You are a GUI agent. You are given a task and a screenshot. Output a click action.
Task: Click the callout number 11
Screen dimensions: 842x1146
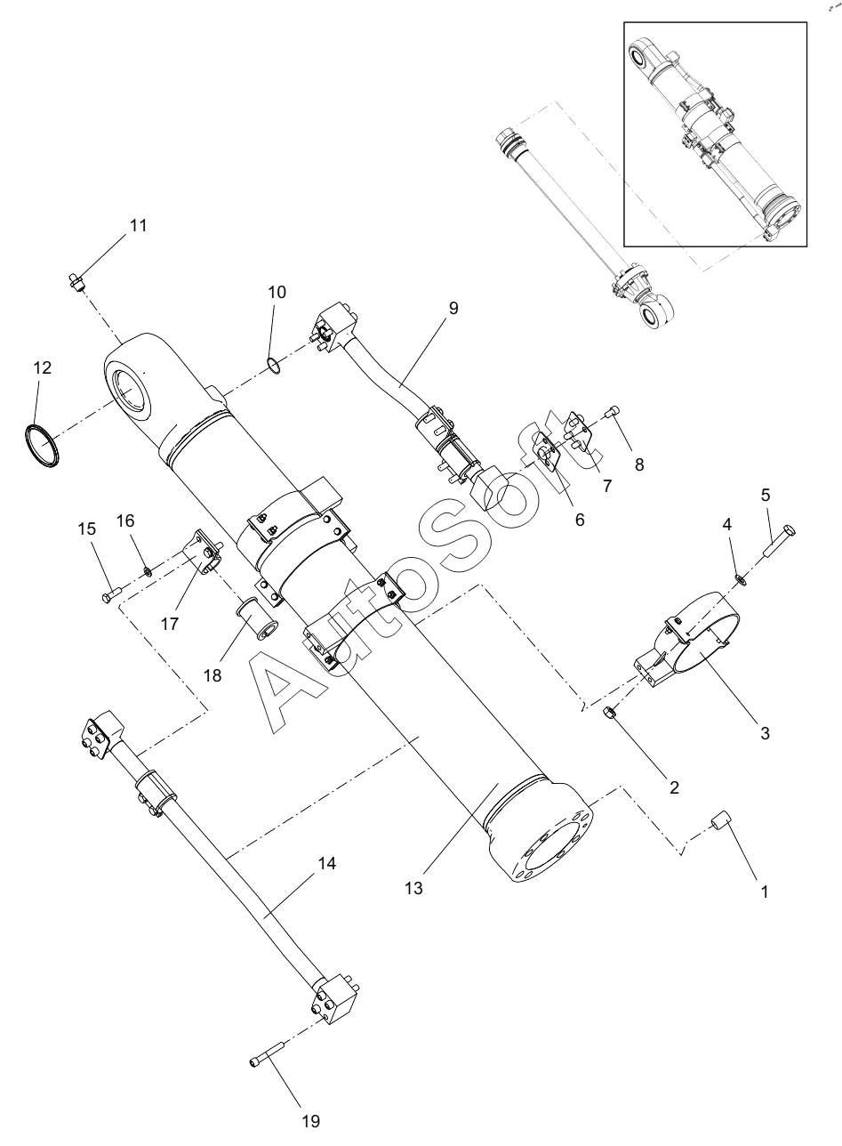(x=138, y=226)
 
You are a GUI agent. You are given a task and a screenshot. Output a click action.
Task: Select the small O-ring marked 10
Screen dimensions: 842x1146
(x=274, y=366)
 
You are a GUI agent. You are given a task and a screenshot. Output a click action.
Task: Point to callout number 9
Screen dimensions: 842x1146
(x=453, y=308)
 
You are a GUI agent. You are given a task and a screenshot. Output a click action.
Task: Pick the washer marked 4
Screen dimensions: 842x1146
(x=740, y=580)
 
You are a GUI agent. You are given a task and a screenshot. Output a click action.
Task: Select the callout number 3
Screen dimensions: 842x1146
(x=765, y=734)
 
